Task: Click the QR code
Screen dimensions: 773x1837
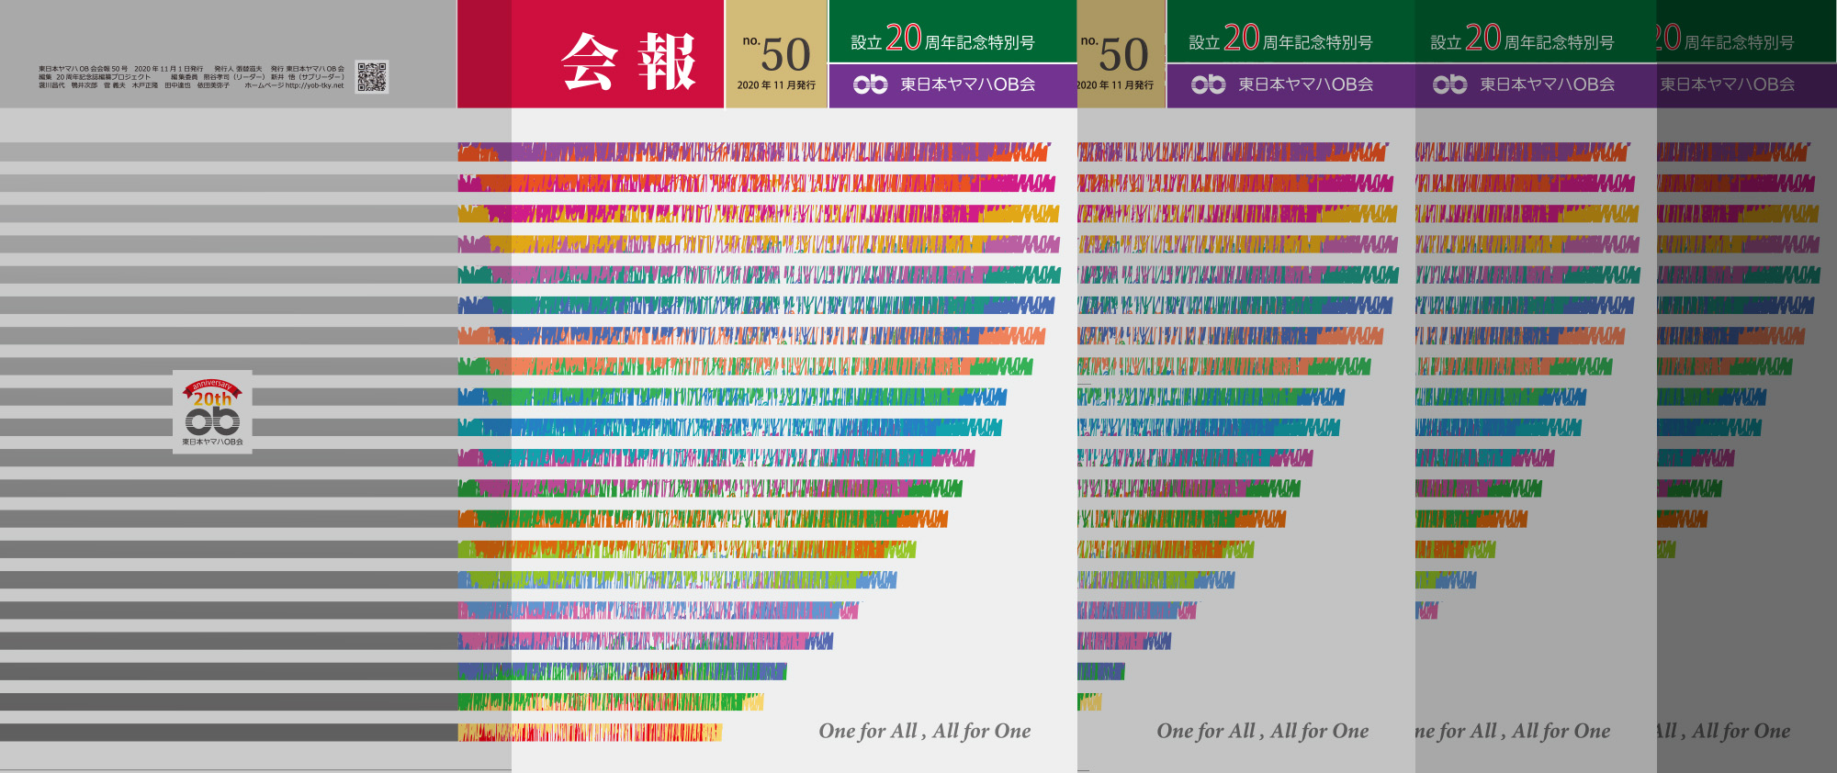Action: tap(371, 77)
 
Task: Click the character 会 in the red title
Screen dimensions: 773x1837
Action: tap(589, 62)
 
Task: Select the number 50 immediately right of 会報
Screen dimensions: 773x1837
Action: tap(785, 54)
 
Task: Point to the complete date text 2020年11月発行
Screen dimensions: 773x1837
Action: tap(776, 85)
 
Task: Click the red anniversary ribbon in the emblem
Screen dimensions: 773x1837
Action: tap(212, 386)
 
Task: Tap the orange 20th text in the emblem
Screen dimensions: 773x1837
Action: tap(212, 399)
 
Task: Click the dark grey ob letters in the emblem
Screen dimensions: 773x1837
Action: tap(212, 420)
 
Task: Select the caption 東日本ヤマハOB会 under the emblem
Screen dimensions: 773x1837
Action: tap(212, 442)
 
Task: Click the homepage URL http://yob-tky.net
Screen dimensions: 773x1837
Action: tap(314, 85)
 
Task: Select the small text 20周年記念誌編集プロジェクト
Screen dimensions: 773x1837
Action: tap(103, 77)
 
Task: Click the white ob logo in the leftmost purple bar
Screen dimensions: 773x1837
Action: tap(870, 84)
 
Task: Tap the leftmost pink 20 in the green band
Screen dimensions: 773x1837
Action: tap(903, 38)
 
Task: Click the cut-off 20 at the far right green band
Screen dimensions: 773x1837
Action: tap(1667, 38)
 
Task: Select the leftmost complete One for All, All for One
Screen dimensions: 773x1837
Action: tap(924, 731)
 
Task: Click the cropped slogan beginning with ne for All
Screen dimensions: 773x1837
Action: tap(1512, 731)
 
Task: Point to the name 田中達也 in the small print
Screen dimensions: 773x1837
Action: tap(177, 85)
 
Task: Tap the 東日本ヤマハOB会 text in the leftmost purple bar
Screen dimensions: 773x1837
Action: tap(967, 84)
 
